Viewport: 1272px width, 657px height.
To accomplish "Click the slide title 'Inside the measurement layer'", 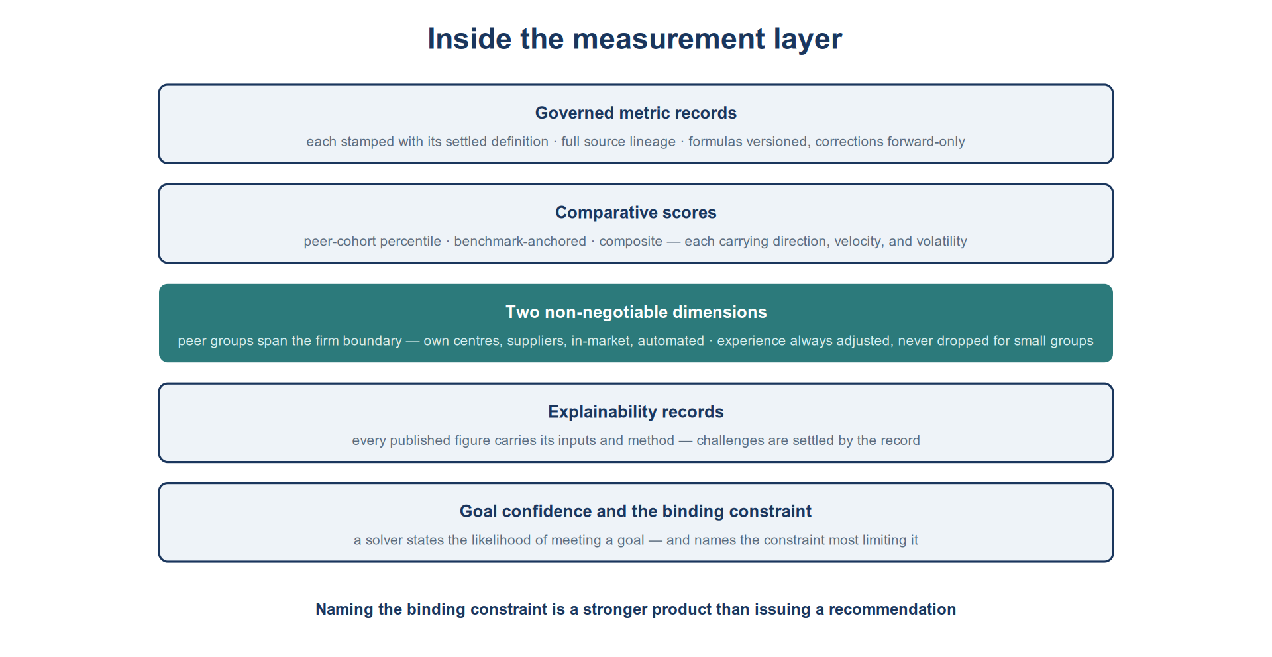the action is pos(635,39).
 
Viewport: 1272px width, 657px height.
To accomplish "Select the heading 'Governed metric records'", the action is pos(636,113).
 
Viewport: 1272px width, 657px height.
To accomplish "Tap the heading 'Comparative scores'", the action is pos(636,213).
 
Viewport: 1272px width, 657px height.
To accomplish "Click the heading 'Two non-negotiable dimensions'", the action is pos(636,313).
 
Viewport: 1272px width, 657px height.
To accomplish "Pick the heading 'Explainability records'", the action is pos(636,412).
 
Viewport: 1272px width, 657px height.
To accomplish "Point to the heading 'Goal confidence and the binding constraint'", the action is pos(636,511).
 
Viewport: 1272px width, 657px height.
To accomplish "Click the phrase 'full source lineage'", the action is pos(618,142).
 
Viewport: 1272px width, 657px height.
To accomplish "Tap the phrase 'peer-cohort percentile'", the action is pos(372,242).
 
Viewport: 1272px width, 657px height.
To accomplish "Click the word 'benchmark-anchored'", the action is pos(520,242).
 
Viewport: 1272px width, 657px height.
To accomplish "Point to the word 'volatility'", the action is pos(941,242).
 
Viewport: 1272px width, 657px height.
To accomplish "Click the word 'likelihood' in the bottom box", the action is pos(502,540).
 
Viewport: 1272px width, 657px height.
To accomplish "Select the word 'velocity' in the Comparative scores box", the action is pos(859,242).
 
